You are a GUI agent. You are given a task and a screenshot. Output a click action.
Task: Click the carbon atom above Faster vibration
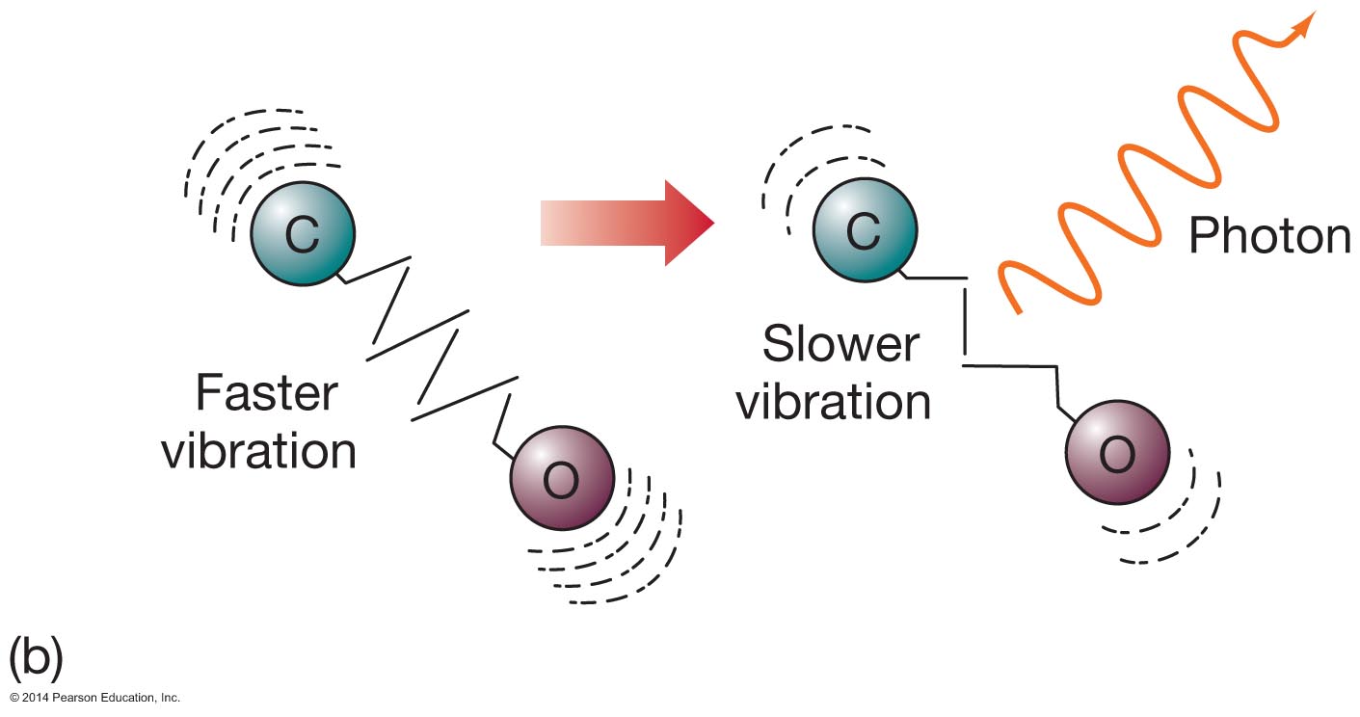[303, 232]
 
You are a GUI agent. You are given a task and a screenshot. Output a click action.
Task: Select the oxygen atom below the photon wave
[1116, 452]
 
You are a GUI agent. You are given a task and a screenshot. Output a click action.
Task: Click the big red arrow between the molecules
[627, 223]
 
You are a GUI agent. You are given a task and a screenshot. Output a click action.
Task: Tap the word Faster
[267, 394]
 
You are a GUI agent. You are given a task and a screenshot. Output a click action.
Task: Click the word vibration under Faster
[258, 450]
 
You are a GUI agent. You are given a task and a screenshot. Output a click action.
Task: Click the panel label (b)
[36, 657]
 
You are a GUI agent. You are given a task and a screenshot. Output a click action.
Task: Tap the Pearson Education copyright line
[95, 697]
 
